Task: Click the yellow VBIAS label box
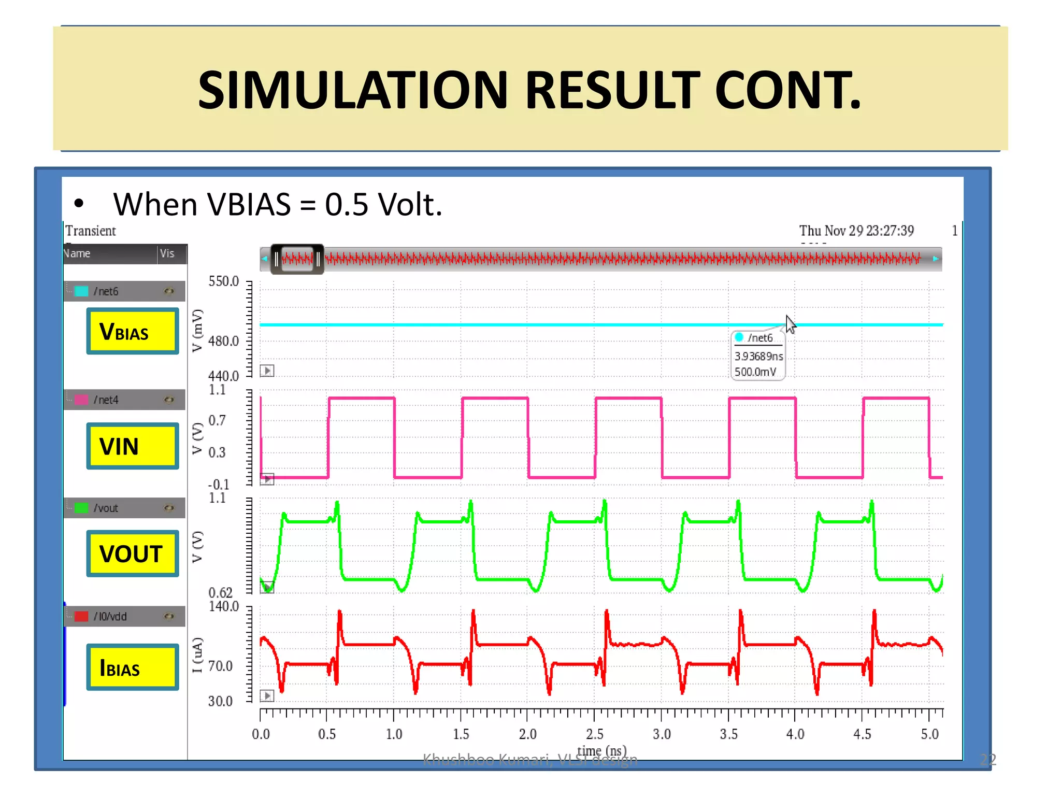[133, 331]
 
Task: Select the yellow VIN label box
[133, 446]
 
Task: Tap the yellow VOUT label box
[133, 553]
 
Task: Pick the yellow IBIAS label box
[133, 667]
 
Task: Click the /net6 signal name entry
[106, 291]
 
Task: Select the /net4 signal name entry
[106, 400]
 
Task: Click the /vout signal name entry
[106, 508]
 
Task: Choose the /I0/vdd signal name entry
[110, 617]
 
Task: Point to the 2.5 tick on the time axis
[595, 734]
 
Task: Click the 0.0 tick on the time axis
[261, 734]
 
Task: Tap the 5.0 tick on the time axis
[929, 734]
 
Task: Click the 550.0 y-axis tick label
[223, 281]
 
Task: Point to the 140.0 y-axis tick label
[223, 606]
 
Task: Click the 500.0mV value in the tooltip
[755, 372]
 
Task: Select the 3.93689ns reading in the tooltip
[758, 357]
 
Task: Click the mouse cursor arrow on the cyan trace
[790, 324]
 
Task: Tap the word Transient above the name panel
[91, 231]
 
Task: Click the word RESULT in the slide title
[612, 90]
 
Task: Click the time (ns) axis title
[601, 750]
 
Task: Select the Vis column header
[167, 253]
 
